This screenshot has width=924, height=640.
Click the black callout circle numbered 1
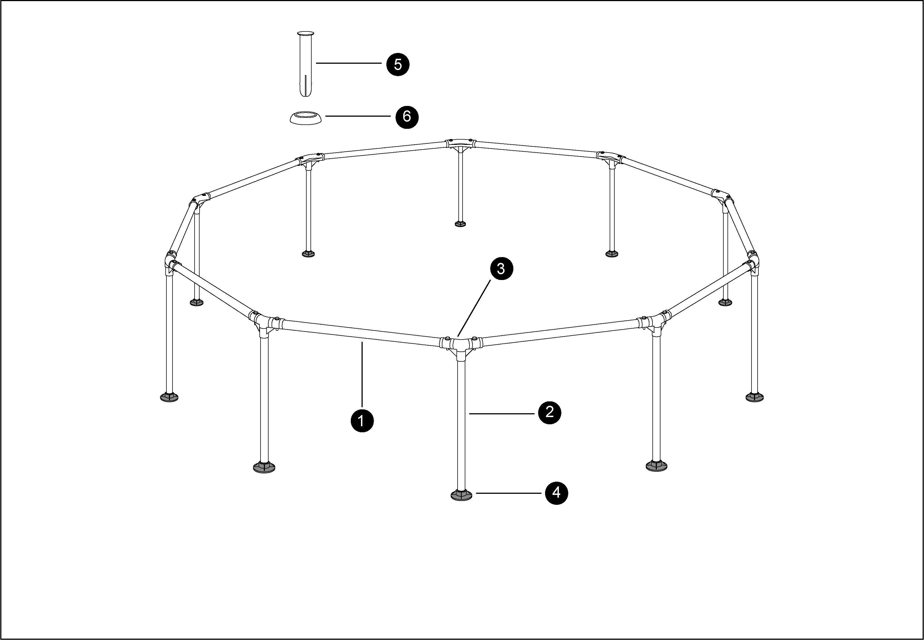[362, 421]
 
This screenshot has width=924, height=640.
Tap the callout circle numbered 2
[549, 412]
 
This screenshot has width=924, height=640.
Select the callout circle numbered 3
[500, 269]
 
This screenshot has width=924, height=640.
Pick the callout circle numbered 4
[556, 493]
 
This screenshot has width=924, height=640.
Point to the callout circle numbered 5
[398, 64]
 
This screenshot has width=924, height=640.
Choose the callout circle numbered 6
[407, 117]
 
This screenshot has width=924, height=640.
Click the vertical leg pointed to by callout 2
[461, 425]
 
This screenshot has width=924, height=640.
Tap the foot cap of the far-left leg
[169, 397]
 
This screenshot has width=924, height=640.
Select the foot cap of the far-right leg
[754, 397]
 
